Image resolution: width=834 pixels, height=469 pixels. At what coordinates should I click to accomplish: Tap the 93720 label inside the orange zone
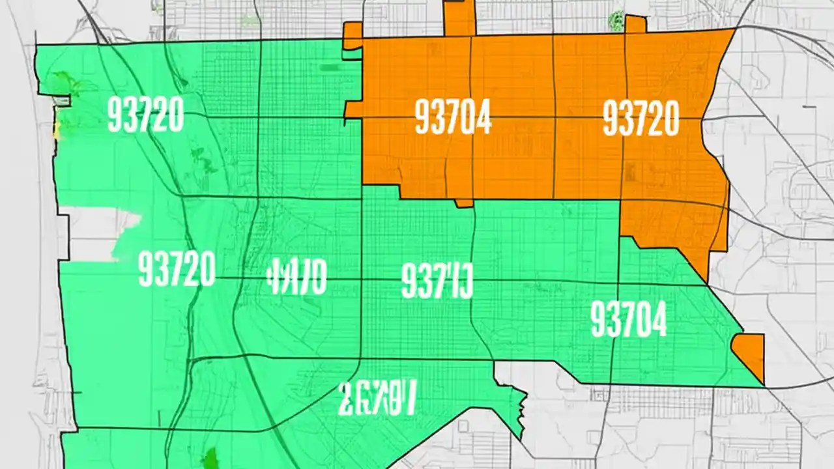point(641,119)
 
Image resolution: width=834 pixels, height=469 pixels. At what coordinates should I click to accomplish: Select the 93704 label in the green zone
point(628,320)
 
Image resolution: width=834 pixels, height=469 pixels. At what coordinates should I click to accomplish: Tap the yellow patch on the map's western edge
point(57,126)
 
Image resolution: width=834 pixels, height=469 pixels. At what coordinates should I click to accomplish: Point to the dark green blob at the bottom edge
point(210,459)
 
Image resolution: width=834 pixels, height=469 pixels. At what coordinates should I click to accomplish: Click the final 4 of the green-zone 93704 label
point(657,320)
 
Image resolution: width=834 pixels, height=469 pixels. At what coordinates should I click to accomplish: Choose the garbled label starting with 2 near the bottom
point(376,398)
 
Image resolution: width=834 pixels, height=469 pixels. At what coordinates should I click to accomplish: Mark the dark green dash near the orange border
point(330,67)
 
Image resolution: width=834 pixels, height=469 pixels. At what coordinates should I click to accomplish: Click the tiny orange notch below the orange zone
point(464,203)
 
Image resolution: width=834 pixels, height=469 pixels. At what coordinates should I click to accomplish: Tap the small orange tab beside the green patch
point(635,24)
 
